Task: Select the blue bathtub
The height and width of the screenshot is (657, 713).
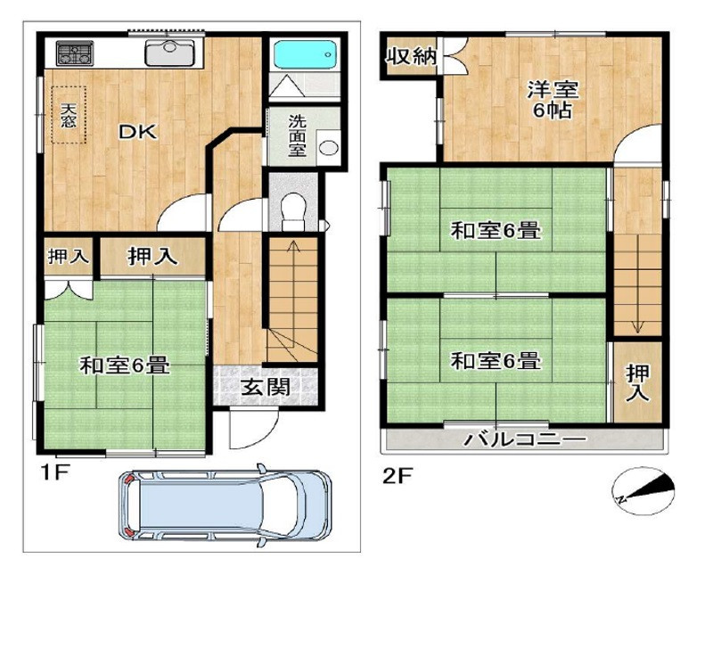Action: pyautogui.click(x=302, y=56)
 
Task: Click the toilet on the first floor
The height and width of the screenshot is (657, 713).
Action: pyautogui.click(x=291, y=209)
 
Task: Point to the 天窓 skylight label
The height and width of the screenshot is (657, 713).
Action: pyautogui.click(x=69, y=116)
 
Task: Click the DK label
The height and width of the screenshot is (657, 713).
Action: pyautogui.click(x=139, y=133)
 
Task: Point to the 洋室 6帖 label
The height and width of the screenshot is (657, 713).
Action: pyautogui.click(x=553, y=100)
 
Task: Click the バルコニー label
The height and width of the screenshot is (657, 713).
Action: pyautogui.click(x=526, y=440)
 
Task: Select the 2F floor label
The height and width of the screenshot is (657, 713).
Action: pyautogui.click(x=397, y=476)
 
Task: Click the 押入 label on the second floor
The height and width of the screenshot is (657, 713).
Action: pyautogui.click(x=636, y=382)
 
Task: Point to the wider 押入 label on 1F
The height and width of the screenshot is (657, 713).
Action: pyautogui.click(x=152, y=257)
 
